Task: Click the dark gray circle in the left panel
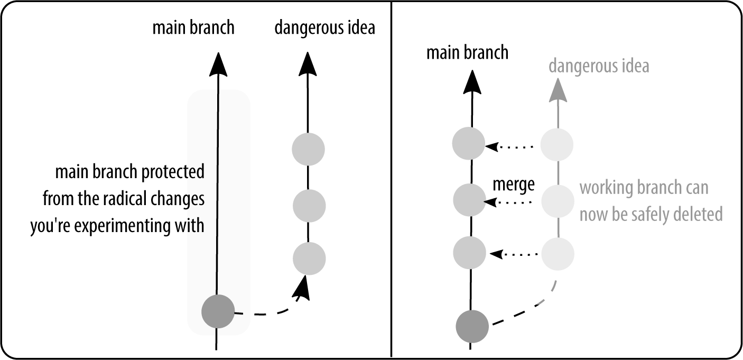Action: [x=218, y=311]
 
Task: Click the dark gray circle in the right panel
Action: [x=472, y=326]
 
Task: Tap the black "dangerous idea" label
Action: [x=324, y=27]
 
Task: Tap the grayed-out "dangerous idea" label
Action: [x=599, y=67]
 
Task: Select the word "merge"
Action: [x=514, y=184]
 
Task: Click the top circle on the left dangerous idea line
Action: [x=308, y=150]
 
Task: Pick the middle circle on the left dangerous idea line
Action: [x=309, y=205]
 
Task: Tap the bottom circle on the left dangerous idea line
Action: [x=309, y=259]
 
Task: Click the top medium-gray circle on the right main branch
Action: [x=469, y=143]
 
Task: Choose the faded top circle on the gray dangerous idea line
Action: [x=557, y=144]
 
